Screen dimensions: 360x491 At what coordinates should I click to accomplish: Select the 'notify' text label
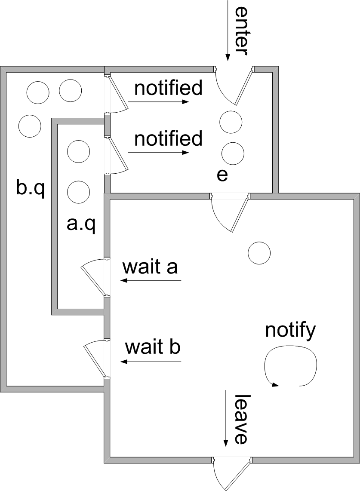point(290,331)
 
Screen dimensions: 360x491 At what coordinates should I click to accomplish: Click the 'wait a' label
point(150,267)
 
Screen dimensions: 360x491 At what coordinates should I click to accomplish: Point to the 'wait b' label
point(153,347)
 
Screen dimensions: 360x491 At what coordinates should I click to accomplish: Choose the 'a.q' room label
point(81,224)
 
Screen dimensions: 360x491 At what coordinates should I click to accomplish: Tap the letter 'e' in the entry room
point(222,175)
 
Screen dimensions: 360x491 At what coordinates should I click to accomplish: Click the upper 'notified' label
point(168,88)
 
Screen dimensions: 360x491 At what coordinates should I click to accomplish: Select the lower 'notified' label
point(168,138)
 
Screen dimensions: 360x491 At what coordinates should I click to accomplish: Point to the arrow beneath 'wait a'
point(151,280)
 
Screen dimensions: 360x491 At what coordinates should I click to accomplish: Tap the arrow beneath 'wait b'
point(151,362)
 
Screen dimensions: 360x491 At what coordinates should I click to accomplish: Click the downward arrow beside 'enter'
point(228,31)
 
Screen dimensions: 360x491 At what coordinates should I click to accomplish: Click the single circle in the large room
point(259,253)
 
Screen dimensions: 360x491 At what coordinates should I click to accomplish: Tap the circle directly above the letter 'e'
point(233,153)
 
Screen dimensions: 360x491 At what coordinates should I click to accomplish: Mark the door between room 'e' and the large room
point(230,213)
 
